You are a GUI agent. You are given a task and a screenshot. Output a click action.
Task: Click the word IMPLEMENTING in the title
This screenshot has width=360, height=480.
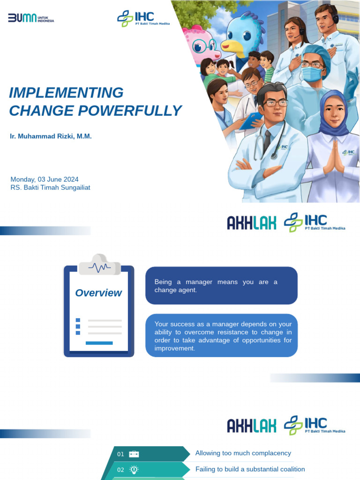click(x=66, y=93)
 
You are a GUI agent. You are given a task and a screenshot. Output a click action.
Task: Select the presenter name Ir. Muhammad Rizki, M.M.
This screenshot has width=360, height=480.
click(x=51, y=136)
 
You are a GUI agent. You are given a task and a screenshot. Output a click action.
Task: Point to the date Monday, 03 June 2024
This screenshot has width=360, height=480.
click(x=45, y=179)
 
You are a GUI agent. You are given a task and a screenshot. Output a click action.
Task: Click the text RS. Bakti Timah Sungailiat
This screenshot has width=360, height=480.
click(x=50, y=187)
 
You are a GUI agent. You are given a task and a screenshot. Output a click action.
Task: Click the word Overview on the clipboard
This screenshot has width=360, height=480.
click(x=98, y=293)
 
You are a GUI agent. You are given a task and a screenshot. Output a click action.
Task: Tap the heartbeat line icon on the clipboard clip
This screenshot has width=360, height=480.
click(x=99, y=268)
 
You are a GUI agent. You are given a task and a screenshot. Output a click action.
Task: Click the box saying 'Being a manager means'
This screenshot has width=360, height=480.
click(x=221, y=285)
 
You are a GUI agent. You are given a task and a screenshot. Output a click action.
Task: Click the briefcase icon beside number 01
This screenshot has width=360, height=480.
click(x=134, y=454)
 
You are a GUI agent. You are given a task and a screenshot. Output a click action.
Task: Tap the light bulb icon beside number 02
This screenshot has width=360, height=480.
click(x=134, y=469)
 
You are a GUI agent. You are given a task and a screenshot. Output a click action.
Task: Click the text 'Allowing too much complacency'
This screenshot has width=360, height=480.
click(x=243, y=453)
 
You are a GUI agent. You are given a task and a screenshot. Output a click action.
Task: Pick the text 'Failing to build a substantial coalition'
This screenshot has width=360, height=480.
click(x=250, y=469)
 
